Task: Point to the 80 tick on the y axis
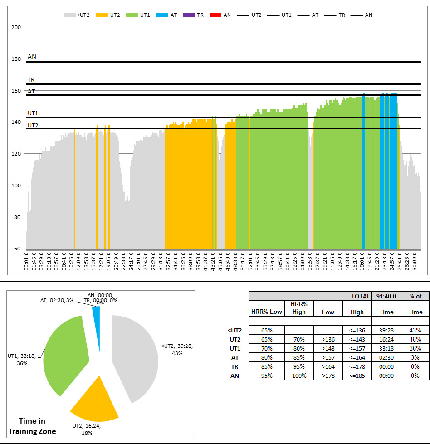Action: point(18,217)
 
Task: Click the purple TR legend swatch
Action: point(189,15)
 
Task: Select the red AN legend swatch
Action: point(215,15)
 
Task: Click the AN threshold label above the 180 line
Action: point(32,57)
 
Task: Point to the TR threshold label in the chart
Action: point(31,80)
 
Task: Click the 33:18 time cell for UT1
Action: point(386,348)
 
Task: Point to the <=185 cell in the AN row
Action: point(357,376)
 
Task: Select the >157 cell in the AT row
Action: point(328,357)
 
